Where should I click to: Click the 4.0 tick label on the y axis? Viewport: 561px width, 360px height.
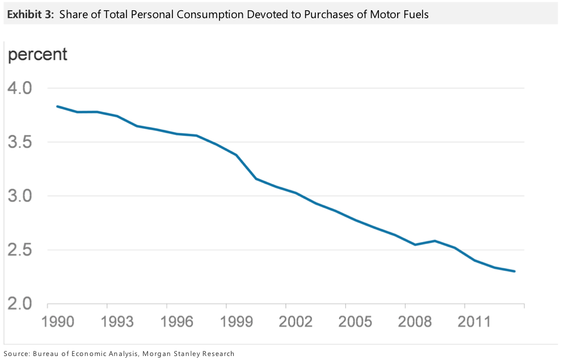pos(19,88)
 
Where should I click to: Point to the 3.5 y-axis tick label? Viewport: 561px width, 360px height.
pos(19,142)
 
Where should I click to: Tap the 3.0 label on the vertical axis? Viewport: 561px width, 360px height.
pos(19,196)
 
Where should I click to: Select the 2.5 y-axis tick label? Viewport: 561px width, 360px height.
pos(19,250)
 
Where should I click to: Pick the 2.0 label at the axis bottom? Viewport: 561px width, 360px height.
pos(19,304)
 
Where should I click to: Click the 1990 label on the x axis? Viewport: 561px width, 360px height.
pos(58,321)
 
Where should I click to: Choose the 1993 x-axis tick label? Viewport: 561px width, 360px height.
pos(118,321)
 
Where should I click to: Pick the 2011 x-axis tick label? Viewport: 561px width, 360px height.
pos(474,321)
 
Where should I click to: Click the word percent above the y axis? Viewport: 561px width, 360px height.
pos(37,55)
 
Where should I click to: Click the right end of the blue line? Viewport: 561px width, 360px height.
pos(514,271)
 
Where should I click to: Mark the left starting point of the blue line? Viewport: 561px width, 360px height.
pos(57,106)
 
